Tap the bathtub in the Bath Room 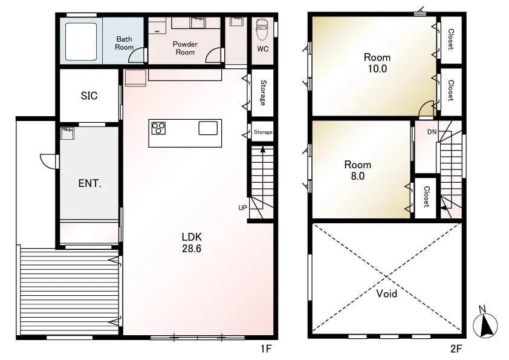[x=81, y=41]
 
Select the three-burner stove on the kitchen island [x=158, y=128]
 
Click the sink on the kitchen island [x=208, y=128]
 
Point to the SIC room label [x=89, y=96]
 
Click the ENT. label [x=89, y=183]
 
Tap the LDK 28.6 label [x=192, y=243]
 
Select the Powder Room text [x=185, y=48]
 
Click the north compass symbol [x=485, y=322]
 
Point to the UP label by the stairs [x=242, y=208]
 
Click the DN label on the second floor [x=432, y=132]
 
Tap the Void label [x=387, y=293]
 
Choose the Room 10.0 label [x=377, y=63]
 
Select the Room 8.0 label [x=357, y=170]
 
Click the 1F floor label [x=265, y=349]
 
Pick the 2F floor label [x=456, y=349]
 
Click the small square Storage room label [x=263, y=132]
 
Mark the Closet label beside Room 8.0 [x=426, y=197]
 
